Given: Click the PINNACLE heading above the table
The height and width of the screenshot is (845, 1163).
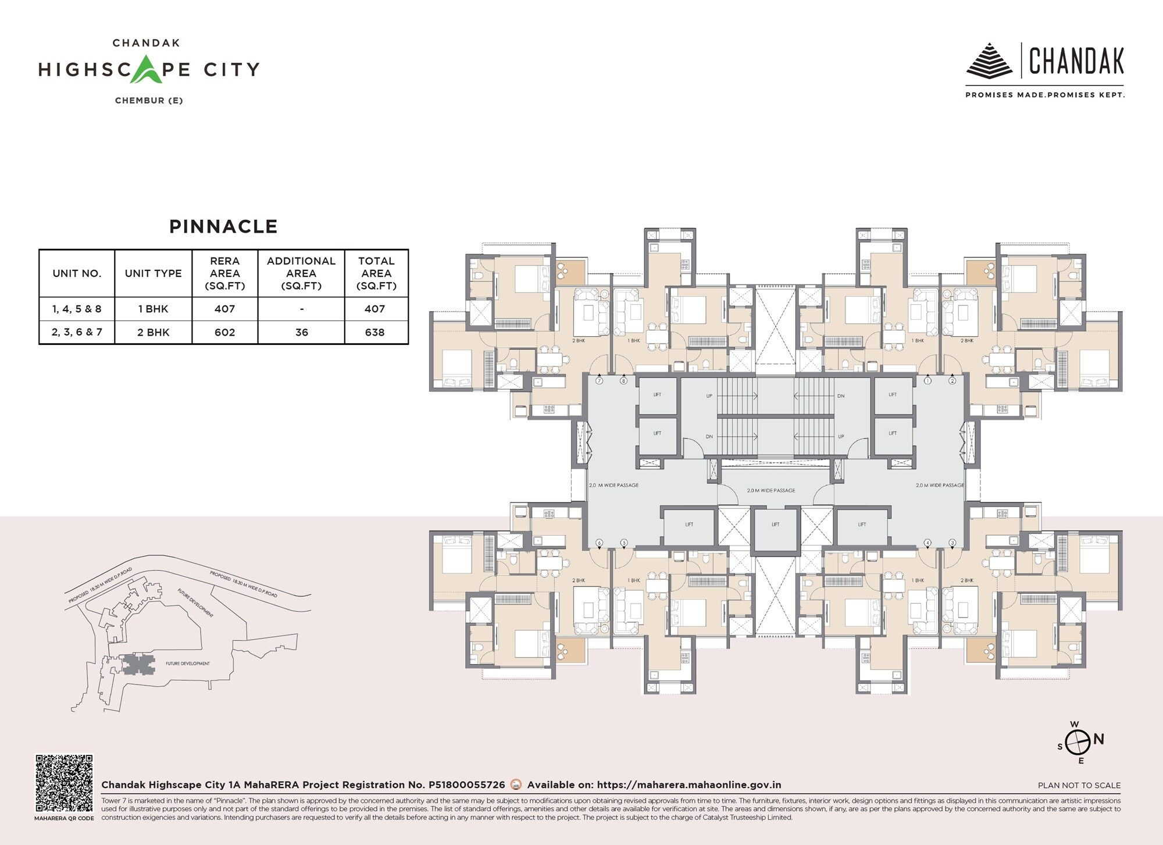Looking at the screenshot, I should tap(223, 226).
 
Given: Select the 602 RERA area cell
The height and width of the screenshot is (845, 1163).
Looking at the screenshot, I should tap(224, 333).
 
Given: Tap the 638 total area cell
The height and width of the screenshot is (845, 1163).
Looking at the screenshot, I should tap(375, 333).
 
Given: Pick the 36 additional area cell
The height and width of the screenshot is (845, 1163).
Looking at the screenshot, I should tap(301, 333).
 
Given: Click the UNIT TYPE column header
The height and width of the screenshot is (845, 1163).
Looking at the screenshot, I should tap(153, 273).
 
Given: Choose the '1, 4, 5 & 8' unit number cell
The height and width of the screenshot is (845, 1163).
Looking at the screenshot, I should tap(77, 309).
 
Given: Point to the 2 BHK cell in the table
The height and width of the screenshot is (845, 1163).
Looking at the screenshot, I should tap(153, 333).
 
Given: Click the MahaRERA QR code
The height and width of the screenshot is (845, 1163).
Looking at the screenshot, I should tap(64, 783).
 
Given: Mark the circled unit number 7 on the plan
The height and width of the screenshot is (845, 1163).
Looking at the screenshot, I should tap(600, 381).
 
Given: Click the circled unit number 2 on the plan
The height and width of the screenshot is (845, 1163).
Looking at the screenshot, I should tap(952, 381).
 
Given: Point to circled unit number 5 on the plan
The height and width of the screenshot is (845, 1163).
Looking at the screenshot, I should tap(624, 543).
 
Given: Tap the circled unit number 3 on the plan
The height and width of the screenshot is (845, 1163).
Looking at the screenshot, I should tap(952, 543).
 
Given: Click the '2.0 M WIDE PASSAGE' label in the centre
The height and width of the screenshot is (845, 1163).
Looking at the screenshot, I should tap(771, 490).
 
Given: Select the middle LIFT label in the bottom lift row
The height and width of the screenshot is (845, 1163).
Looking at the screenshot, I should tap(775, 525).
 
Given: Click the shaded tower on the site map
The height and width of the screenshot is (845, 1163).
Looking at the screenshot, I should tap(137, 664).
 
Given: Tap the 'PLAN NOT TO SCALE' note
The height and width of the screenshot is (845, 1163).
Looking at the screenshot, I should tap(1079, 785).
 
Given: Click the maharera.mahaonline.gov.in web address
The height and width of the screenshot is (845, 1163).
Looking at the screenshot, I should tap(688, 785).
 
